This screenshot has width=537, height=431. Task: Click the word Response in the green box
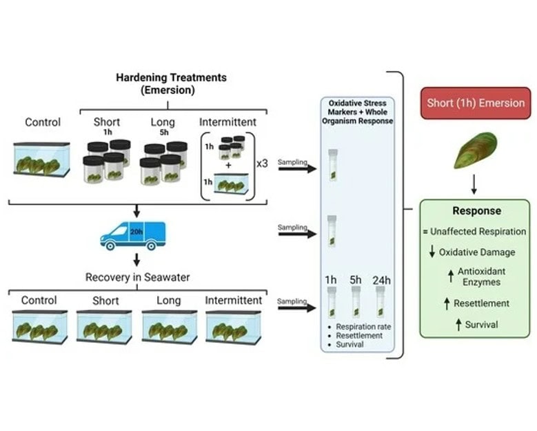477,211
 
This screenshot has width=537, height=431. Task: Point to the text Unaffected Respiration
482,232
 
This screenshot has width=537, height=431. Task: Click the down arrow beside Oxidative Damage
432,252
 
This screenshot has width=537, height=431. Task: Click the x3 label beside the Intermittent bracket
263,164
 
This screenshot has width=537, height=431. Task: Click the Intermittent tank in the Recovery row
233,326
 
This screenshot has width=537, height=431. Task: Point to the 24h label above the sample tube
381,280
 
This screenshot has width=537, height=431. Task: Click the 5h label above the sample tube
356,280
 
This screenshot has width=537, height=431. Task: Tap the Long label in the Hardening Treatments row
163,123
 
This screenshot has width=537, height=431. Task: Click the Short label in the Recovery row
105,301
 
